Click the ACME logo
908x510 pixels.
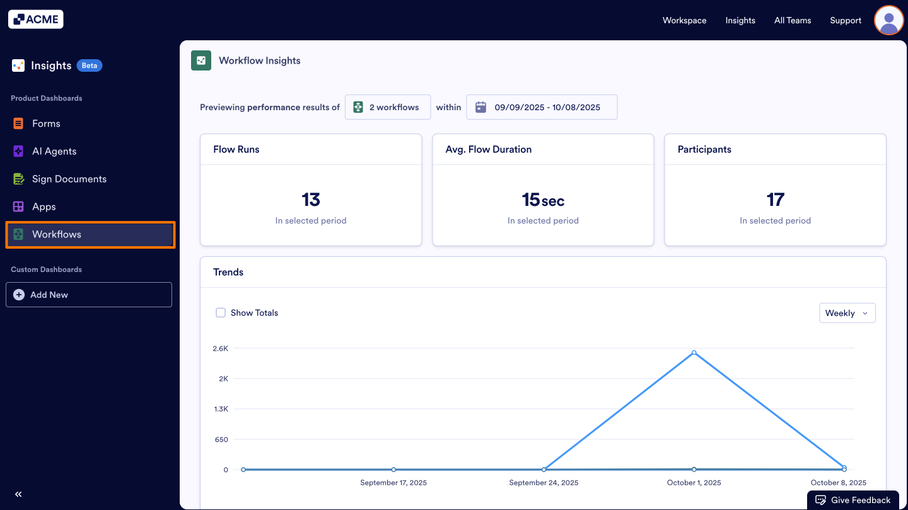(36, 20)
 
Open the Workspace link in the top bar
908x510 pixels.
(684, 20)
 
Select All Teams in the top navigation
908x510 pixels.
(793, 20)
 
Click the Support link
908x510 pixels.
(846, 20)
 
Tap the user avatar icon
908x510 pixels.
(888, 20)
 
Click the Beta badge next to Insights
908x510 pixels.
(90, 65)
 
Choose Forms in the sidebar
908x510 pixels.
(46, 123)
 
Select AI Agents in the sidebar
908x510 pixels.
(54, 151)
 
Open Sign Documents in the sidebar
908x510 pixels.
(69, 179)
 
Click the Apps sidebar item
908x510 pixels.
(44, 207)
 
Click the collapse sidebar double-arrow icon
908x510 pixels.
(18, 494)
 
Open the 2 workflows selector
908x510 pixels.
(387, 107)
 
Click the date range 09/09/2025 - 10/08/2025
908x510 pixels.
(542, 107)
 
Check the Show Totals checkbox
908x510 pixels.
(221, 313)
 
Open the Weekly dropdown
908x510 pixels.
(847, 313)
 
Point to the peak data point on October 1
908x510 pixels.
(694, 353)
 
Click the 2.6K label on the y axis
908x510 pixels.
(220, 348)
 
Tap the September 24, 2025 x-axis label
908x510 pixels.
(544, 483)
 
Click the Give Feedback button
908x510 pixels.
(853, 500)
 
